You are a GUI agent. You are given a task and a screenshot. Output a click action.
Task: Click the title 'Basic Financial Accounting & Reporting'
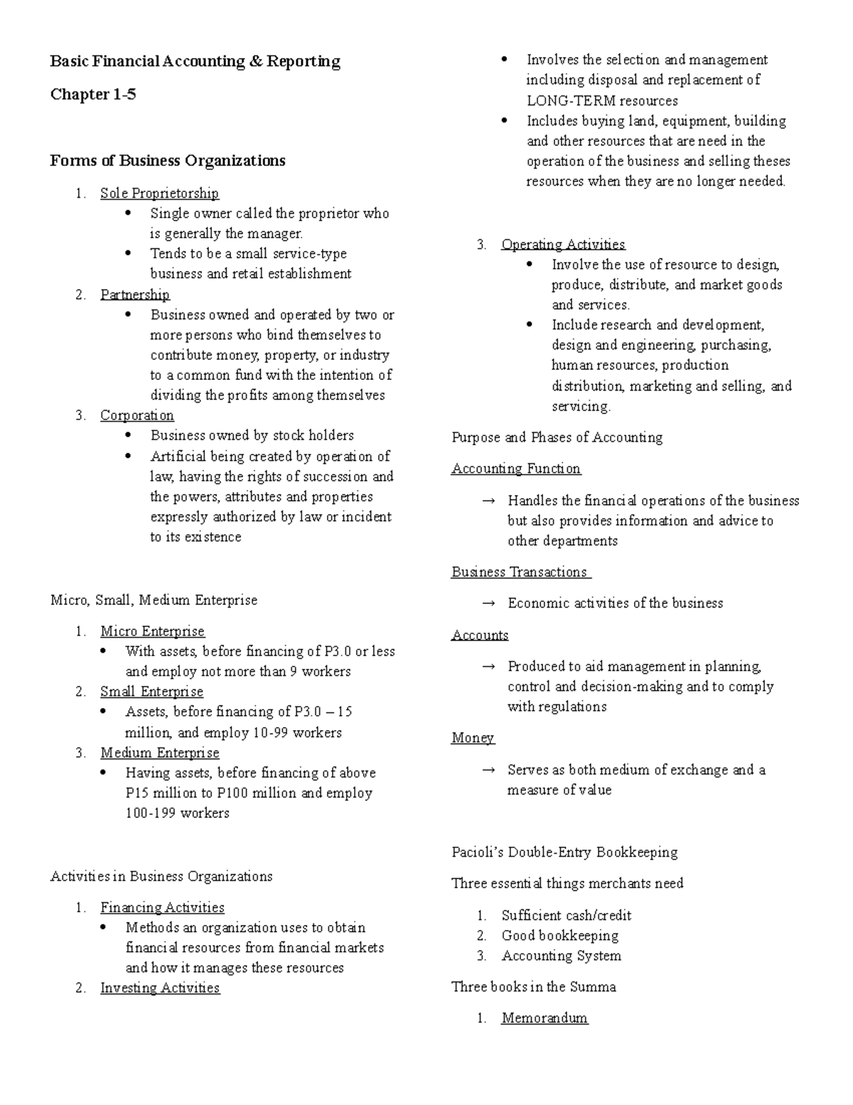[195, 61]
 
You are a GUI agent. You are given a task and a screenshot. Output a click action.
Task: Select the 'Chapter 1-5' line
[92, 94]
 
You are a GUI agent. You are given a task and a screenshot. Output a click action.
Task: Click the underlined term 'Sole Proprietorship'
[159, 193]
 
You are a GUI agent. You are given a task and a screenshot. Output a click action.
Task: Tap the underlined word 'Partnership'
[135, 295]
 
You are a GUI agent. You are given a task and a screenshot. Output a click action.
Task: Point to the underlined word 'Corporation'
[137, 416]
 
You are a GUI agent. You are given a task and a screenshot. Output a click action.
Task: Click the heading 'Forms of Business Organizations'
[167, 160]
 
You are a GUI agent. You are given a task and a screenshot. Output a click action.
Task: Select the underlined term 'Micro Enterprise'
[152, 631]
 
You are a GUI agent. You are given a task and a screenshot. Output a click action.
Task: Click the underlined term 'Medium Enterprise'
[159, 753]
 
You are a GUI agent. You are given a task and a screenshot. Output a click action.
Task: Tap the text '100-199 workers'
[177, 813]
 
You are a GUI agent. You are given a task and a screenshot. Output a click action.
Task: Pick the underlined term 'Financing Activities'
[162, 907]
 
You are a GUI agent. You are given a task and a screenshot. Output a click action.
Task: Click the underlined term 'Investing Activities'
[160, 988]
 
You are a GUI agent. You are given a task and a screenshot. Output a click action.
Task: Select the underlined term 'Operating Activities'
[563, 244]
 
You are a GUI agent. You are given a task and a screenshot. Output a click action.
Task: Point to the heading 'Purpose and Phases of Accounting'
[557, 438]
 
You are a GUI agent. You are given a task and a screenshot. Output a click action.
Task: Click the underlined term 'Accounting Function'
[515, 468]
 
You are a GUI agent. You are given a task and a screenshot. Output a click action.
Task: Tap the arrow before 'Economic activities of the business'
[488, 603]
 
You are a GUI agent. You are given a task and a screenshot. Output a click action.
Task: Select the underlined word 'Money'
[472, 738]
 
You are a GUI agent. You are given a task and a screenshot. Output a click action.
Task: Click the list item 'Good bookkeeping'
[559, 936]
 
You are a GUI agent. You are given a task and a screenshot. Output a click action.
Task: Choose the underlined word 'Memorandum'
[544, 1018]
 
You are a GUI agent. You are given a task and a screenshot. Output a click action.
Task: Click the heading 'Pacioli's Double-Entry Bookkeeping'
[564, 852]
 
